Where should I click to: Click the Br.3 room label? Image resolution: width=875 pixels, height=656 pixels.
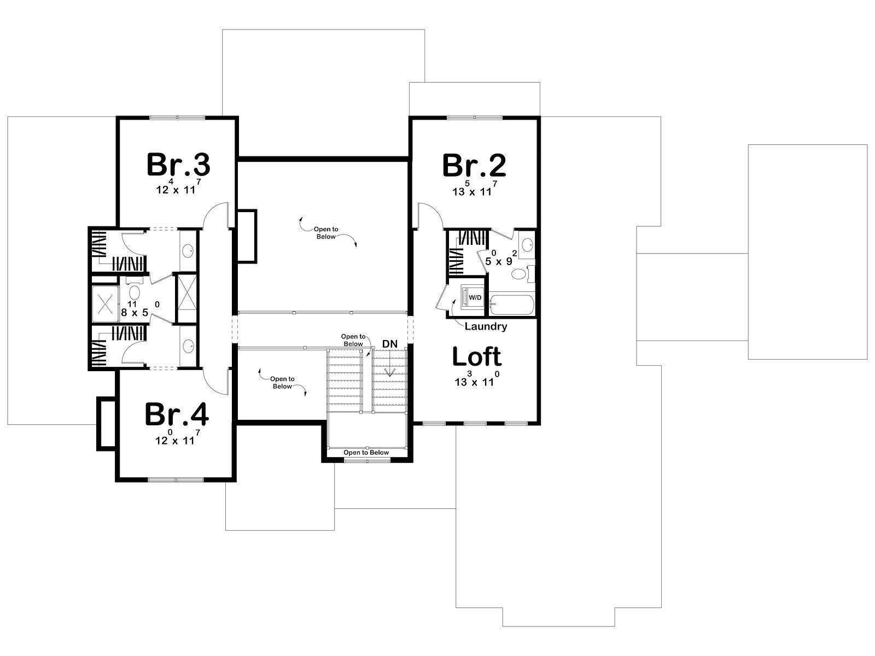tap(178, 165)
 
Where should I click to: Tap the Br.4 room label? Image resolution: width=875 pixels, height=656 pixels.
tap(177, 414)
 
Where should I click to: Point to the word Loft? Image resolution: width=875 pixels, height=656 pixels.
tap(476, 356)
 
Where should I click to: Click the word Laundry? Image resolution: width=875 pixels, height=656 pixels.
tap(486, 326)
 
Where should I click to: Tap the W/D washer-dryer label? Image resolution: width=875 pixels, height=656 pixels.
tap(475, 297)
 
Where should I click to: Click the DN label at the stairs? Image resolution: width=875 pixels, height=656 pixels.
tap(389, 344)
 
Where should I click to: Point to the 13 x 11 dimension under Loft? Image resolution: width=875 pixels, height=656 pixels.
tap(476, 379)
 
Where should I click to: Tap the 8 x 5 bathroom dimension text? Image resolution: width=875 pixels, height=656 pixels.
tap(140, 309)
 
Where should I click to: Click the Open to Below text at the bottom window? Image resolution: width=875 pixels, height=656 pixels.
tap(366, 453)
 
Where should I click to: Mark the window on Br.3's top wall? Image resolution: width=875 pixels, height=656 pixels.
tap(177, 118)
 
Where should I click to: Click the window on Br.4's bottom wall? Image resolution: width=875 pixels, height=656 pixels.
tap(176, 480)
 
